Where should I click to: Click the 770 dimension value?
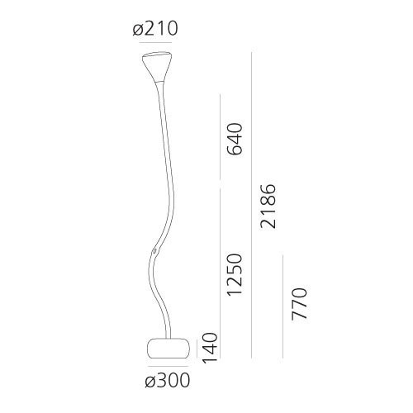pos(299,305)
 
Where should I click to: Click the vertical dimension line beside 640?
pos(220,137)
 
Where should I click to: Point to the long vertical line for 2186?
pos(252,206)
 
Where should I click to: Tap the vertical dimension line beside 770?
pos(283,306)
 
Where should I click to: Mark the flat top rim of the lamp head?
pos(155,55)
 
